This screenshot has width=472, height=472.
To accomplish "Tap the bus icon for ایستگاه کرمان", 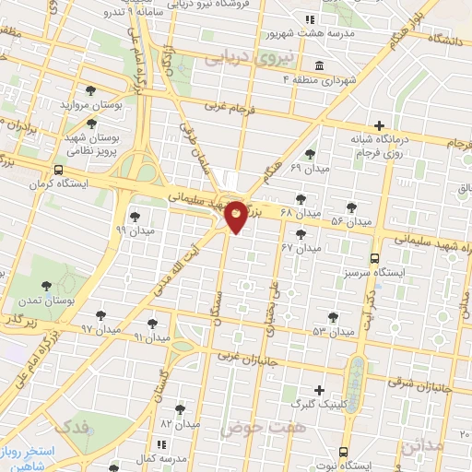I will pyautogui.click(x=58, y=171).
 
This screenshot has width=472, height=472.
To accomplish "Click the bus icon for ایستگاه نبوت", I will pyautogui.click(x=343, y=452).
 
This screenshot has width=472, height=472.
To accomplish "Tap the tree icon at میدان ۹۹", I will pyautogui.click(x=135, y=217).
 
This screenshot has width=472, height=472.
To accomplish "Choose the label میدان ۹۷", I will pyautogui.click(x=100, y=328).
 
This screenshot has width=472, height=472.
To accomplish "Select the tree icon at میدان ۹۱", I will pyautogui.click(x=152, y=324).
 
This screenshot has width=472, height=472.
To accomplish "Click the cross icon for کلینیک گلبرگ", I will pyautogui.click(x=320, y=390).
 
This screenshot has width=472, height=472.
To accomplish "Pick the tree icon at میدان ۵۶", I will pyautogui.click(x=350, y=207).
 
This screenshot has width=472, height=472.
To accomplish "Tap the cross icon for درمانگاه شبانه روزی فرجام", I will pyautogui.click(x=379, y=125).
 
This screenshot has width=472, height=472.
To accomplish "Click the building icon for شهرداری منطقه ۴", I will pyautogui.click(x=319, y=65).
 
